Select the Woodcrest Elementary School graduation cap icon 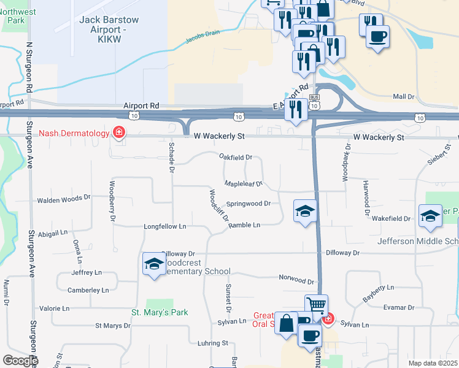point(153,264)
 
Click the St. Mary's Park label point(160,312)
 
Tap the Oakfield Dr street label point(236,158)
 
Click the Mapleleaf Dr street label point(243,183)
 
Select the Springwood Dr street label point(248,204)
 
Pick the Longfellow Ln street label point(164,226)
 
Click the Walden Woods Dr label point(64,199)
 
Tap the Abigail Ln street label point(53,233)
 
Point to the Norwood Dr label point(296,280)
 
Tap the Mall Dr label point(404,97)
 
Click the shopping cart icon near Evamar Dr point(316,304)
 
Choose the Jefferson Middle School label point(418,242)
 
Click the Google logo point(20,361)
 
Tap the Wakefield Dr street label point(391,218)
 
